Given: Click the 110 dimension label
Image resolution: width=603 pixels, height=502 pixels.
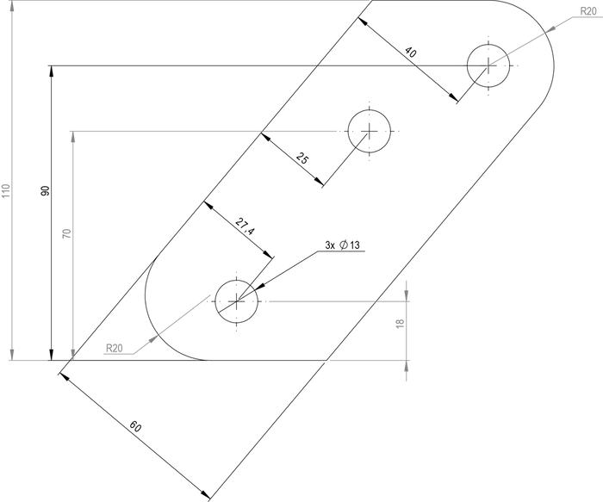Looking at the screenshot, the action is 6,191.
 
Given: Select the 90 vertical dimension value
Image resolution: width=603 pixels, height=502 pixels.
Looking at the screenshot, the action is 46,190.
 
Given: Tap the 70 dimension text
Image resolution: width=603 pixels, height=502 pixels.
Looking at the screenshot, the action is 67,233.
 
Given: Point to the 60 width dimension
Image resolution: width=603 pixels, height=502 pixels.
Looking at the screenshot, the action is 135,426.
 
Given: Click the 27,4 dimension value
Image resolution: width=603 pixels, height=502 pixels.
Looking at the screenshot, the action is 245,226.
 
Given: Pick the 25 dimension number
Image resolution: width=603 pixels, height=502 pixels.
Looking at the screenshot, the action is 302,158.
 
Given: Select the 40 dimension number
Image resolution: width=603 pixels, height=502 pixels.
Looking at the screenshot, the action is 410,52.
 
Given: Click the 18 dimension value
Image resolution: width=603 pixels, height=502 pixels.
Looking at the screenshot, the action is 400,324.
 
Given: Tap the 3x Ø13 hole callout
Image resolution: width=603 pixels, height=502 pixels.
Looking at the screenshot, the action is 342,245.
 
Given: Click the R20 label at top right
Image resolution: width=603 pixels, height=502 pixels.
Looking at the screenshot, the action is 588,11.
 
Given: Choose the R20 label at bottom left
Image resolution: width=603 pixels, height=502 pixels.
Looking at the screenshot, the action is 115,348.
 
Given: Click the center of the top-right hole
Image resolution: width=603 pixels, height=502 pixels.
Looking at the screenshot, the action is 488,65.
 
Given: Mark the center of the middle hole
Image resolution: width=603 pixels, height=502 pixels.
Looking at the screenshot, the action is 370,131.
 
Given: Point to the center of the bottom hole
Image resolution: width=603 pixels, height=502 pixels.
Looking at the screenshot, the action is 237,301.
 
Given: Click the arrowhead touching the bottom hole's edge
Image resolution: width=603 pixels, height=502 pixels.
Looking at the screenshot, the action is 260,287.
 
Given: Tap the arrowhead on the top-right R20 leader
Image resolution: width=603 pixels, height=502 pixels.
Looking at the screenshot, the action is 550,29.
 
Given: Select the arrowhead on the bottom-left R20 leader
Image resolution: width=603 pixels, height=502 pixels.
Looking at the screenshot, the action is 154,339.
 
